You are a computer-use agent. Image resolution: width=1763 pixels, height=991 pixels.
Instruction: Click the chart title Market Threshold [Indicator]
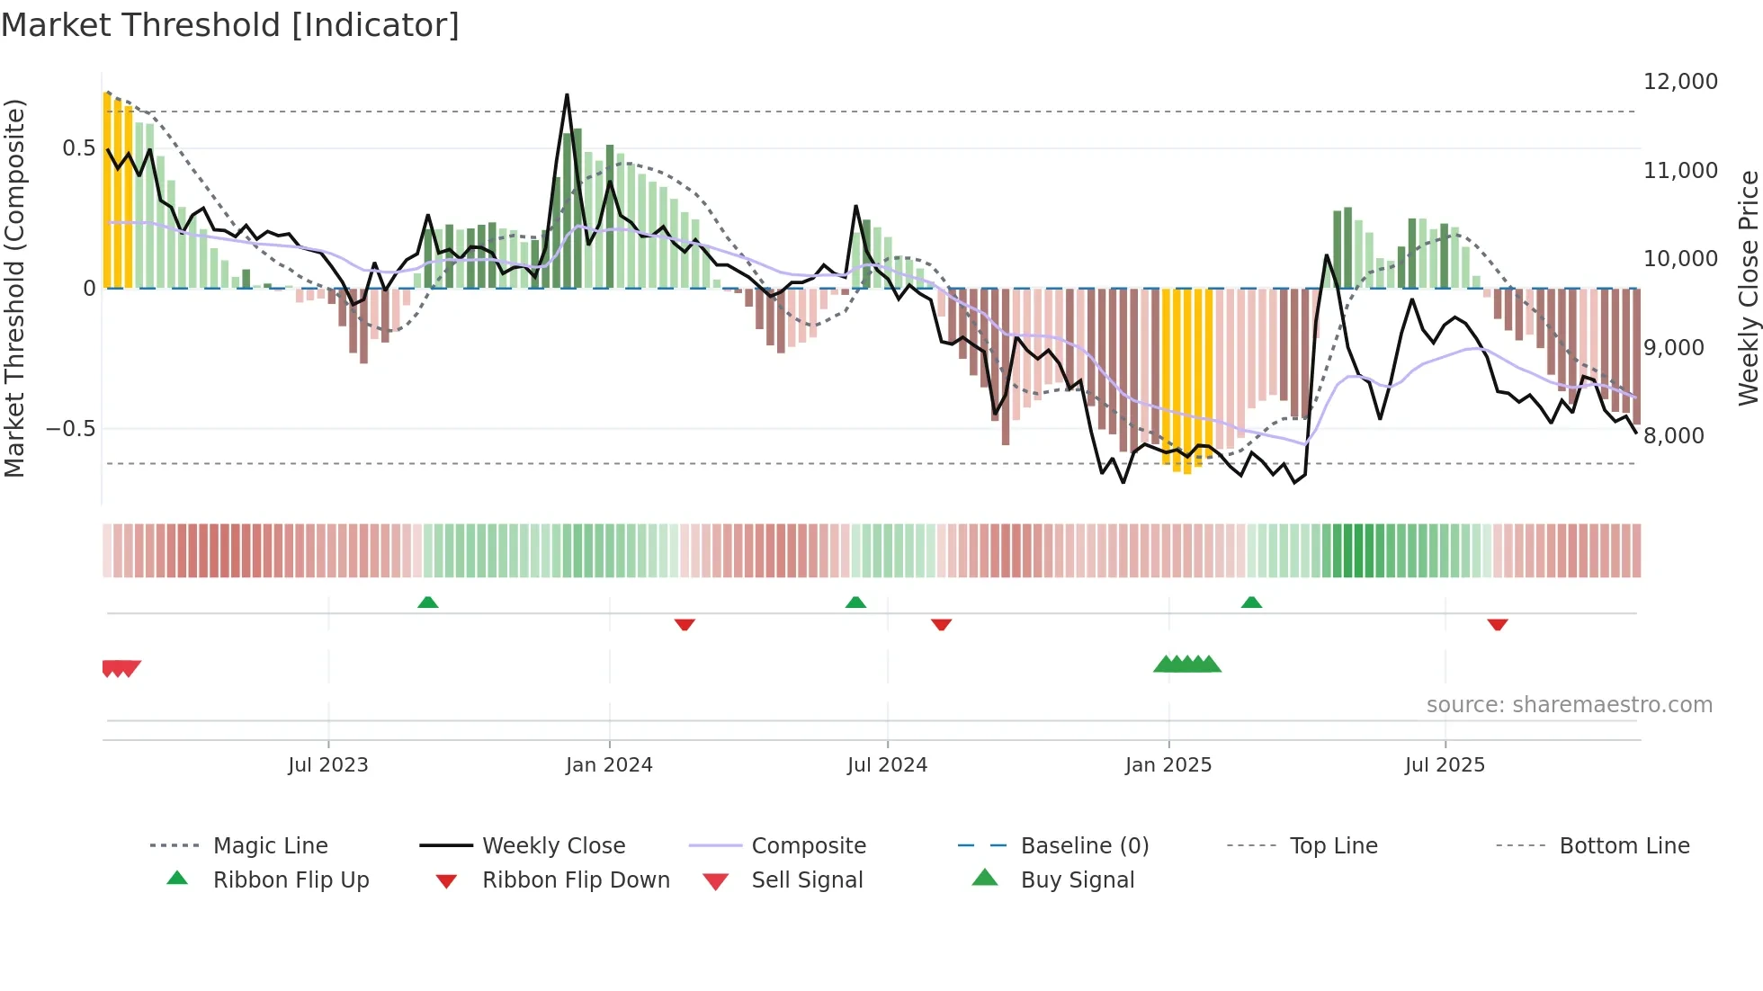coord(230,25)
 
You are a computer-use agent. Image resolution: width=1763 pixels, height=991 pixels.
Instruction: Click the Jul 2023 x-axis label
coord(327,765)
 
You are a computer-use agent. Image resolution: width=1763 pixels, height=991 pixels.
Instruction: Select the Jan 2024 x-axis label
coord(609,765)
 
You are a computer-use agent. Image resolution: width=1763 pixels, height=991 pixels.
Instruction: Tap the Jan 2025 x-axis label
coord(1168,765)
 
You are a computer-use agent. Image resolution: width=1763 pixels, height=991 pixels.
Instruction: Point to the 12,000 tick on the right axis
coord(1679,82)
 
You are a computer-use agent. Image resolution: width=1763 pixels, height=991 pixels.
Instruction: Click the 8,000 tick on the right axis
coord(1673,436)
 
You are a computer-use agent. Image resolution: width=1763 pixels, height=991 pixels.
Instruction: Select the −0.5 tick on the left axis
coord(70,429)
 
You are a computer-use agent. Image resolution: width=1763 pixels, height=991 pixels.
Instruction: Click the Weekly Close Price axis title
coord(1748,288)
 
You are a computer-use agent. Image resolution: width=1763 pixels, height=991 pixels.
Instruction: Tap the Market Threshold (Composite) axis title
coord(14,288)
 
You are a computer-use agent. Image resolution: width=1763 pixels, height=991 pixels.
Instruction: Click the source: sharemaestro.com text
coord(1569,705)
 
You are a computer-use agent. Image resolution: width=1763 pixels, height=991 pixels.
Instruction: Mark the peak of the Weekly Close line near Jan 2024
coord(567,95)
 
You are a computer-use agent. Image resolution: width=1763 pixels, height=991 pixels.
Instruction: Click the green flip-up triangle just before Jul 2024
coord(855,603)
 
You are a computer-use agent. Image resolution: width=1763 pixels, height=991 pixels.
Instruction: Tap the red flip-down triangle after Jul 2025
coord(1497,624)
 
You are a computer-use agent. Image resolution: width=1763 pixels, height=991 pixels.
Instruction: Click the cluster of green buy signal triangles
coord(1187,665)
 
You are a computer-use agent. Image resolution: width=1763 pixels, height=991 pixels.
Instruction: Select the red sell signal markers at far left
coord(121,667)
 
